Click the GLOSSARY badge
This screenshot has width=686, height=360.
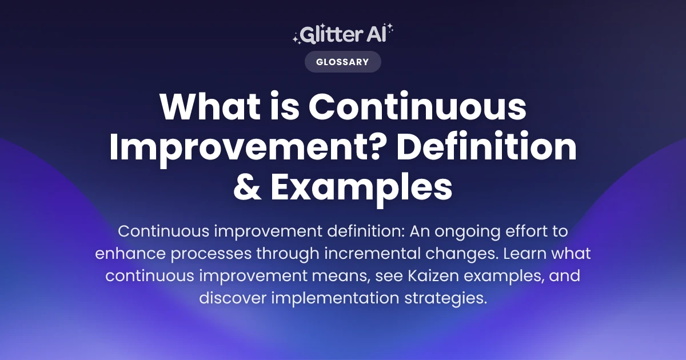tap(342, 62)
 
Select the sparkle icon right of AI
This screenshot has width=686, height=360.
tap(390, 30)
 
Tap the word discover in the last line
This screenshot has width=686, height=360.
tap(234, 298)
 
